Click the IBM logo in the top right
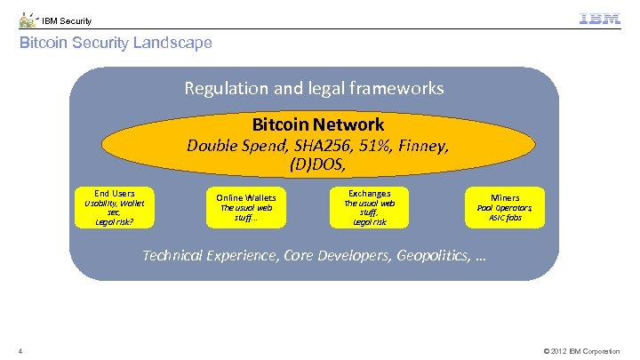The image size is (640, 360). [x=600, y=19]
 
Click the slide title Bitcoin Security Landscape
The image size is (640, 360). [x=116, y=43]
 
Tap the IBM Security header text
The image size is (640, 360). [x=67, y=20]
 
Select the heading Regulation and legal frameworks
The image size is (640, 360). [x=314, y=88]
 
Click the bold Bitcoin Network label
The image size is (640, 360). [x=317, y=124]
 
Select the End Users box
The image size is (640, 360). [x=114, y=207]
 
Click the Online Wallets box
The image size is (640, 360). [x=246, y=207]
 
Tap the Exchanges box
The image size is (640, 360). [x=369, y=207]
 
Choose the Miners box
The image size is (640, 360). [x=505, y=207]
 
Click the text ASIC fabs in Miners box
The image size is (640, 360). [x=505, y=218]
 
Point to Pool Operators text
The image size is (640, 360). [x=505, y=207]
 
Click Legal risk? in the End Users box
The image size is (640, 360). [x=114, y=222]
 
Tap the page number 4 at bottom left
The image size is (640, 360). [x=20, y=351]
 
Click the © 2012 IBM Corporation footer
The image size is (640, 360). [x=581, y=351]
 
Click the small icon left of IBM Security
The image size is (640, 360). [x=28, y=20]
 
